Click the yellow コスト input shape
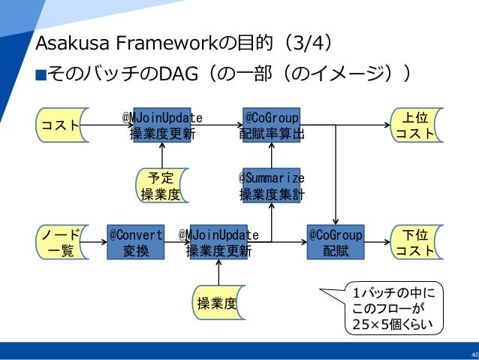click(61, 125)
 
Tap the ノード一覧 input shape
click(61, 242)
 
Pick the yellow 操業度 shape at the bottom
click(218, 302)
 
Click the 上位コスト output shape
click(416, 125)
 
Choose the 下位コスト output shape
click(416, 242)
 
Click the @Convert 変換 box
click(136, 242)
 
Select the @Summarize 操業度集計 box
click(272, 186)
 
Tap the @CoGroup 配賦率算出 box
click(272, 125)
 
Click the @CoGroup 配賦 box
click(336, 242)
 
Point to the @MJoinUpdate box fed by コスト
click(162, 125)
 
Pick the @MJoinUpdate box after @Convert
click(218, 242)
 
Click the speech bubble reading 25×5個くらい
click(393, 308)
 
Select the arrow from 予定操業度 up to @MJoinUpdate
click(162, 156)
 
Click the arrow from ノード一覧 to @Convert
click(94, 242)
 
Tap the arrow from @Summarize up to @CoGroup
click(272, 156)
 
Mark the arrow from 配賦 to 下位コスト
click(378, 242)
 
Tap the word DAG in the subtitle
click(179, 74)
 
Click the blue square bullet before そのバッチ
click(41, 75)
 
